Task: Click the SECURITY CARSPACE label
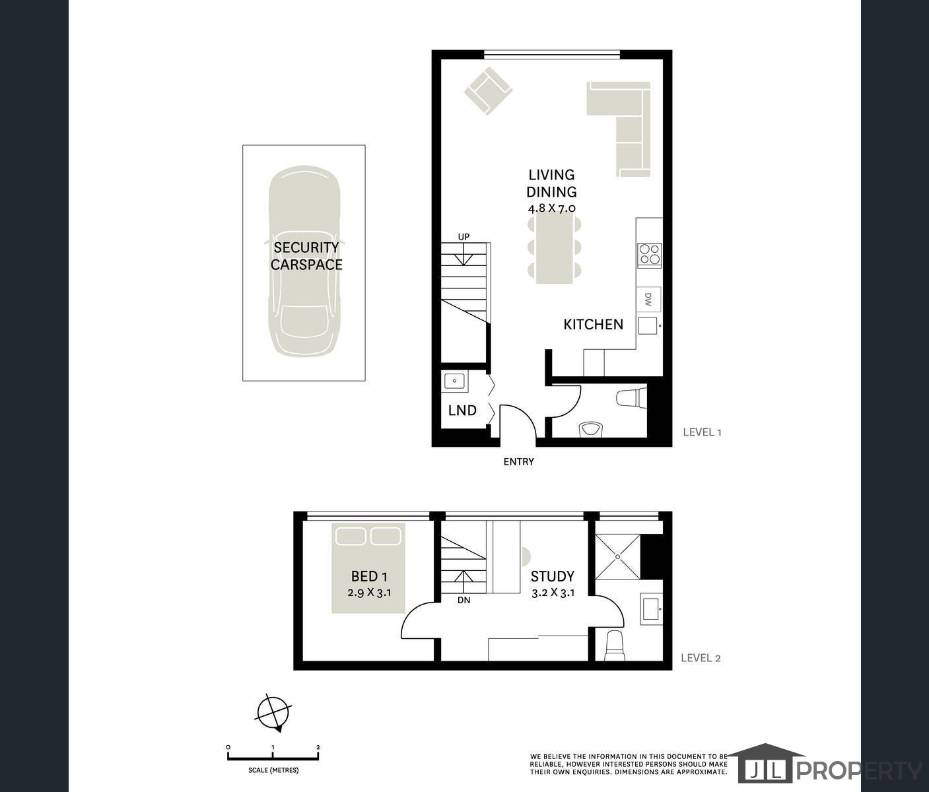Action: (x=306, y=256)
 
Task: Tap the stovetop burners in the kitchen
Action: (x=650, y=254)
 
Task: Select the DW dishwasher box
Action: (x=648, y=299)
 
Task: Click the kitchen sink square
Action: (x=648, y=325)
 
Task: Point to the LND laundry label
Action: (x=462, y=410)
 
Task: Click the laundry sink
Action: (x=455, y=381)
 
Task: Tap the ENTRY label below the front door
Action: (x=519, y=462)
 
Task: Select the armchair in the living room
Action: (x=488, y=91)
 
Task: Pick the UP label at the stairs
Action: (x=464, y=237)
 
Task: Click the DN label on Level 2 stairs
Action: (x=464, y=600)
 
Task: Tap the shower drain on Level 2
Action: (x=618, y=556)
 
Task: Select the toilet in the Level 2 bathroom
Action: (x=615, y=645)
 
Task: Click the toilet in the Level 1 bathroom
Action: (x=631, y=399)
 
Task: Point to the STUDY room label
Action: (x=553, y=576)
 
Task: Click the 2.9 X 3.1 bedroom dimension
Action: (x=369, y=593)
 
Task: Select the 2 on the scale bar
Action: (x=318, y=748)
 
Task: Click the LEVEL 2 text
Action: (x=701, y=658)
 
